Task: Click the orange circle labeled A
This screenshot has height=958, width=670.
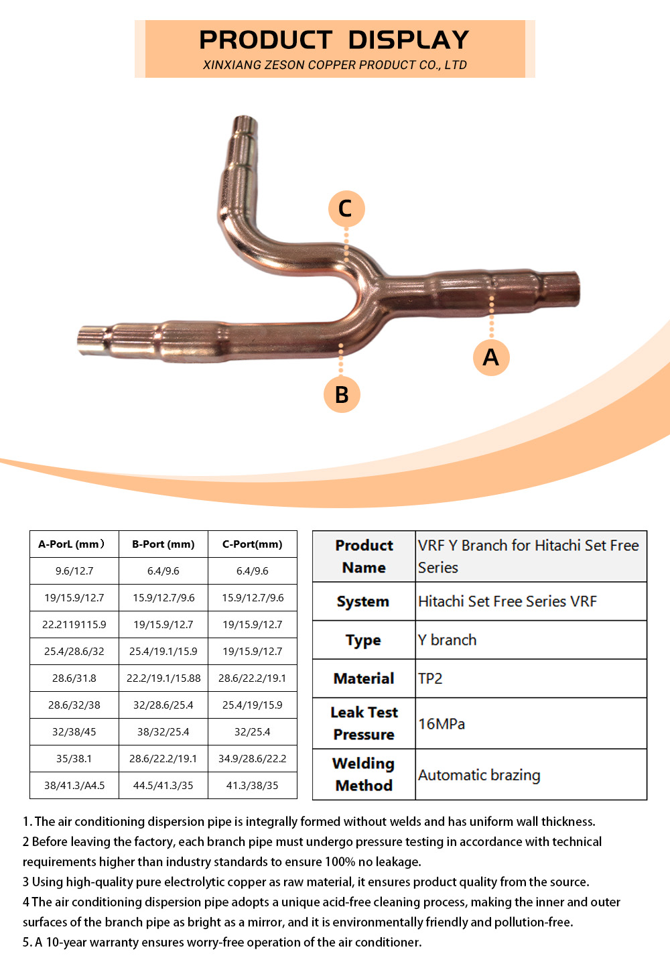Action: [x=491, y=357]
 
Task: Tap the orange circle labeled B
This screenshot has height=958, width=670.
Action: [x=342, y=394]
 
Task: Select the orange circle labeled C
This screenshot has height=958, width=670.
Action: [x=346, y=208]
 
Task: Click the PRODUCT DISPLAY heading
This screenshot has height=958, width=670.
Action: [x=334, y=40]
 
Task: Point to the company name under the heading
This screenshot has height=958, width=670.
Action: [x=334, y=65]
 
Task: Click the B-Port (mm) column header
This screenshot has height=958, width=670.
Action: [x=163, y=544]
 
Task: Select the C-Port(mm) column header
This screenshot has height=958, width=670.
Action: [x=252, y=544]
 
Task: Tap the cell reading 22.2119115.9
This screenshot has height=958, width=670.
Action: [x=74, y=624]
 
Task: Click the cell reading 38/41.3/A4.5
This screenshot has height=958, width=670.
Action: [x=74, y=785]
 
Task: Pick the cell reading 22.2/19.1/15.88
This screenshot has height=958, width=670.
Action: [x=163, y=678]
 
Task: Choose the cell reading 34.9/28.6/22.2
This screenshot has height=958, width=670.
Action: [x=252, y=758]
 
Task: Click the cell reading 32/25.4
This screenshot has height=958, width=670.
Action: [x=252, y=732]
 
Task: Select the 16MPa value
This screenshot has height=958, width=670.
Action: [x=442, y=723]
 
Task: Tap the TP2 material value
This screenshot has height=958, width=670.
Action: [x=430, y=678]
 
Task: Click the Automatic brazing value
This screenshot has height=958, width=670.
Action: [x=479, y=774]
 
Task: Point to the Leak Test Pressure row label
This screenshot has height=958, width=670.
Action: [x=364, y=723]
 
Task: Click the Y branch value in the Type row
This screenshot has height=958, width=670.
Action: [x=447, y=640]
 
